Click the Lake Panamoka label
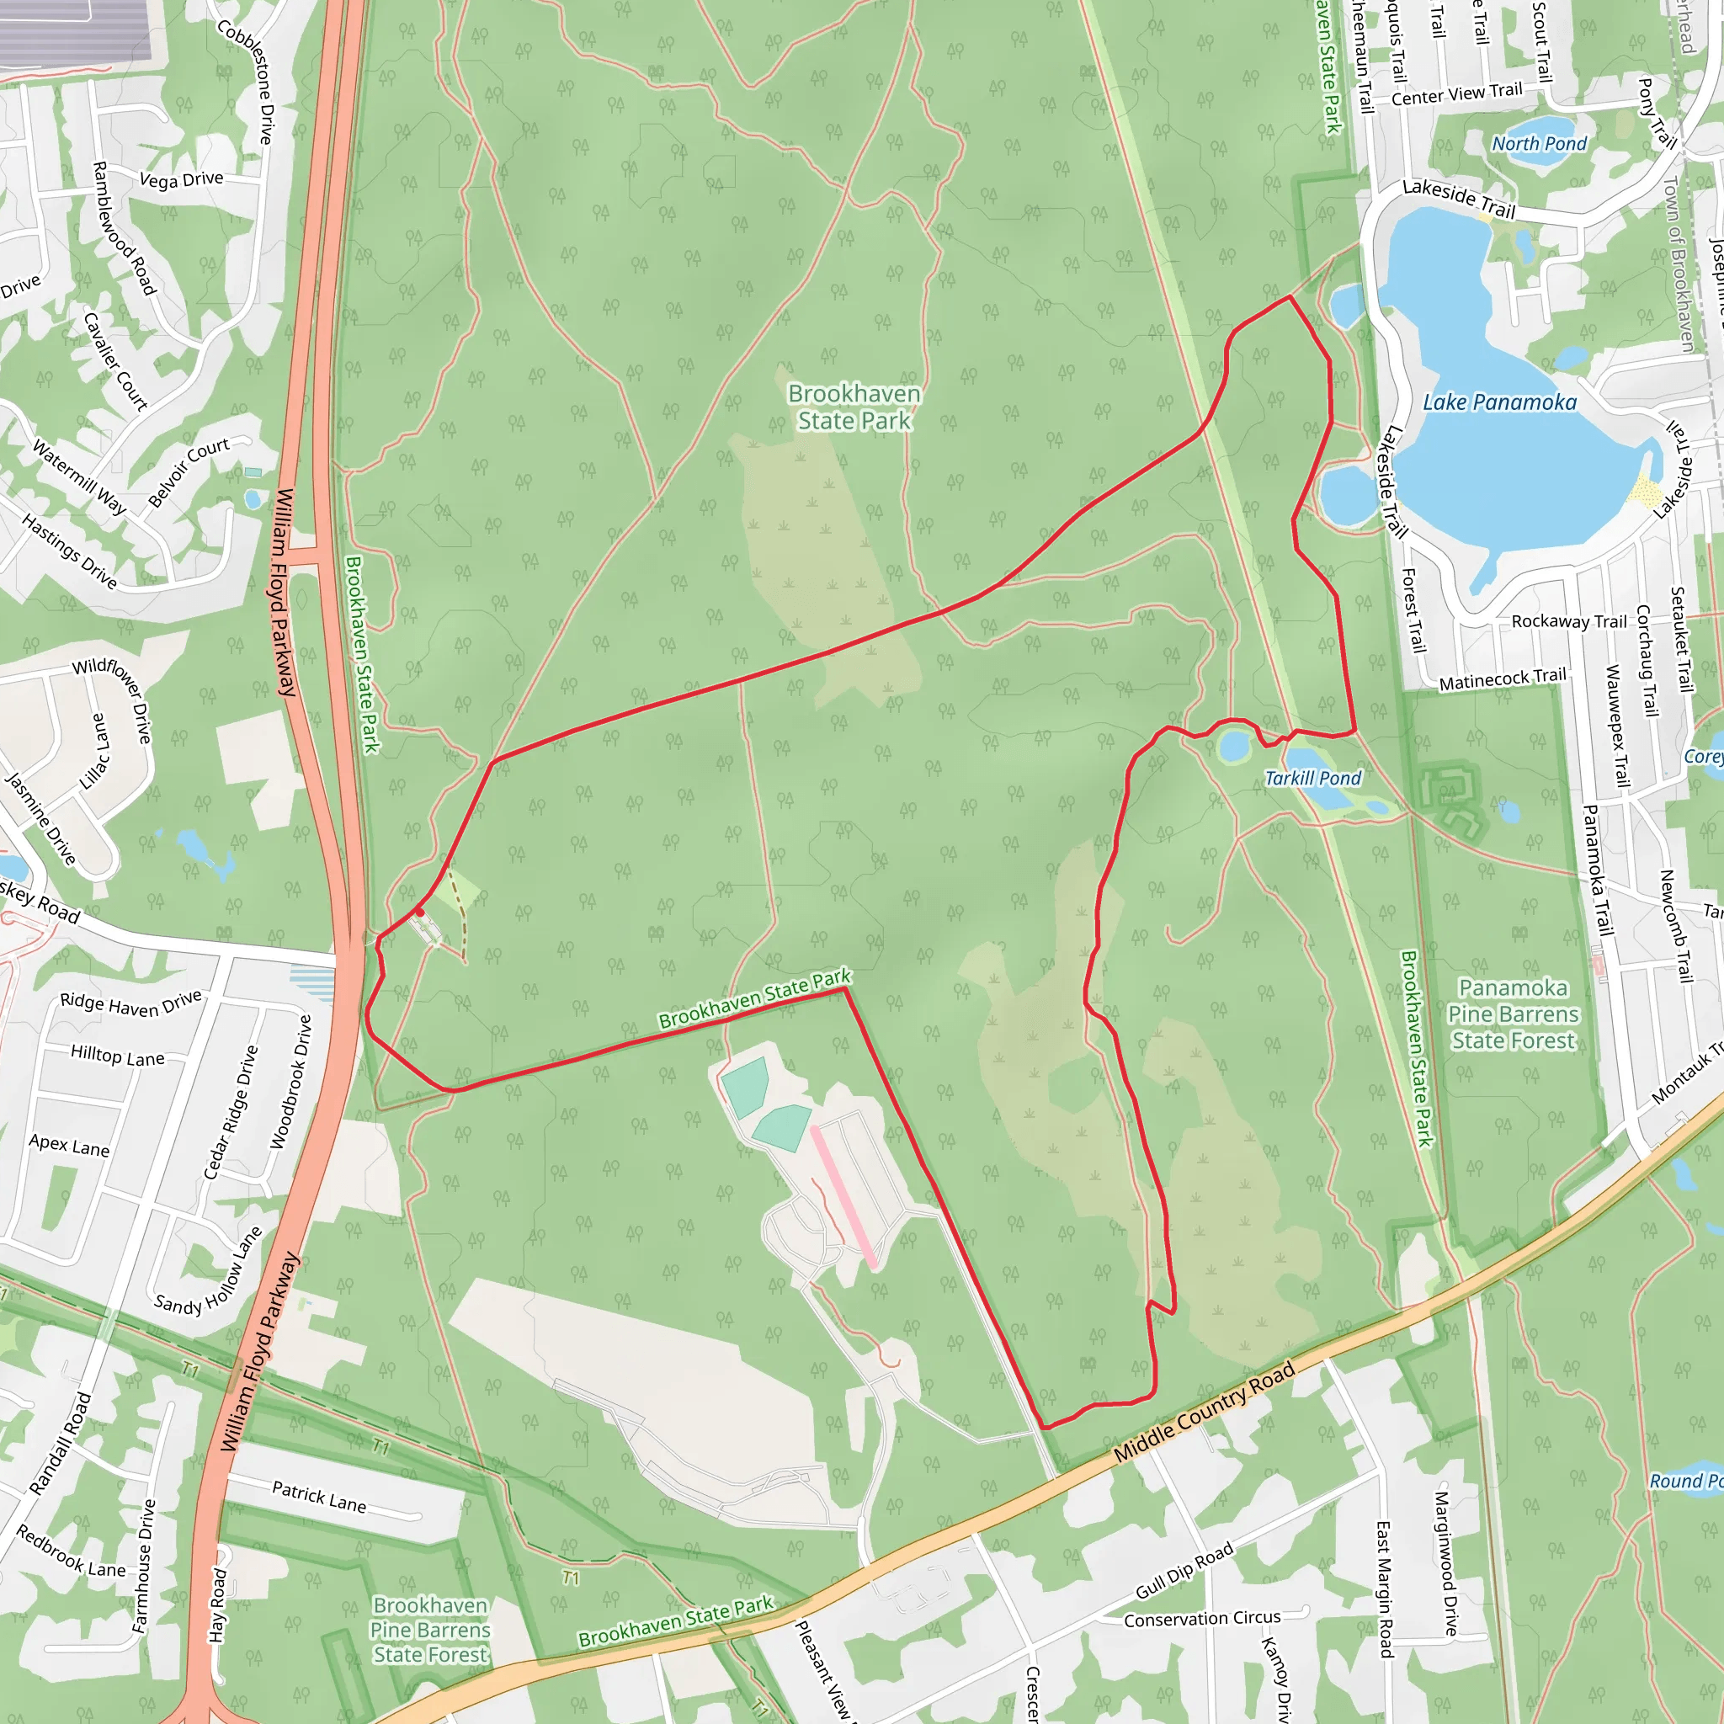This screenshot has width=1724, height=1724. tap(1499, 402)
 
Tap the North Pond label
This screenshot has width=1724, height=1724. tap(1540, 144)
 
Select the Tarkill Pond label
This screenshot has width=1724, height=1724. tap(1312, 778)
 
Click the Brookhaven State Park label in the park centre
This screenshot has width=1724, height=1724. tap(854, 407)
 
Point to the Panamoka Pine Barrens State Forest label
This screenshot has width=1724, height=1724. tap(1513, 1014)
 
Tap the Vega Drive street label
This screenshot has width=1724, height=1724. tap(181, 179)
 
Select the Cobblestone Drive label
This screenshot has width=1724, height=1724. tap(246, 81)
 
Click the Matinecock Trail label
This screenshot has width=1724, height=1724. tap(1502, 679)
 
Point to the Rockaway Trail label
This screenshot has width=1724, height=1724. tap(1569, 621)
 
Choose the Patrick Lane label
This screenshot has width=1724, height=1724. tap(318, 1497)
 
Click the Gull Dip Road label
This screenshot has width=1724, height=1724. tap(1184, 1571)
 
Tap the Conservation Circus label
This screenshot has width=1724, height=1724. tap(1202, 1619)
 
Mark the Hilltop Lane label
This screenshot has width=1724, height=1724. tap(118, 1056)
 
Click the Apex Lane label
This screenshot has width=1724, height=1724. tap(69, 1146)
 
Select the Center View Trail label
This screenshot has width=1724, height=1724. tap(1456, 93)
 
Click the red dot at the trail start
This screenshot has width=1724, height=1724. tap(419, 912)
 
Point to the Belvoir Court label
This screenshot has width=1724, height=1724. tap(189, 472)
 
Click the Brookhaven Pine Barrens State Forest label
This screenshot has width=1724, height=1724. tap(430, 1630)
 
